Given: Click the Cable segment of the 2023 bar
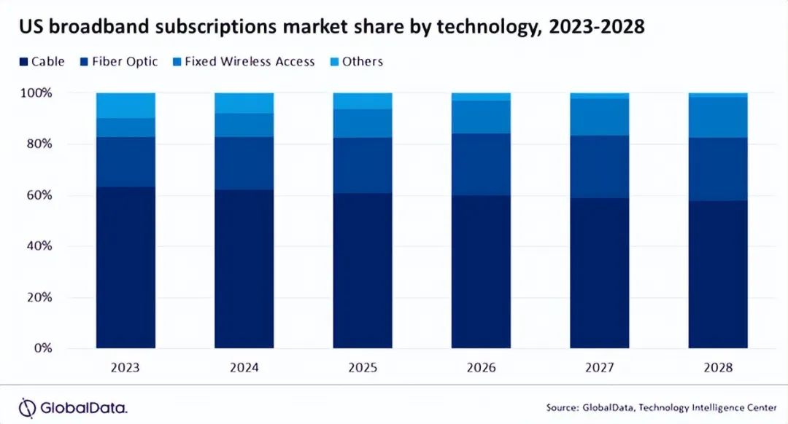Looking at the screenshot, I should coord(125,267).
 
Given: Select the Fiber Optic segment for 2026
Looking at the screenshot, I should coord(481,164).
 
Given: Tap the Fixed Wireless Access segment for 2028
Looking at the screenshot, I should coord(718,117).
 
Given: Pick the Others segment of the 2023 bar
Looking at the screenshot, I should coord(125,105).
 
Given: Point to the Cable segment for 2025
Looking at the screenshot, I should coord(363,270).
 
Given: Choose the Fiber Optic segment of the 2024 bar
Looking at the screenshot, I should coord(244,163).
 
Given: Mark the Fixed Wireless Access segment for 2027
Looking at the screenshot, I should coord(599,117).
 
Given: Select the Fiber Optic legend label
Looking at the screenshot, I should coord(125,61).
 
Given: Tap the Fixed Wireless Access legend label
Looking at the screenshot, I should coord(250,61).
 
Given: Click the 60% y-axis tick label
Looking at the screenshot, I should coord(40,195).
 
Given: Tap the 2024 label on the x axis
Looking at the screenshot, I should coord(244,368).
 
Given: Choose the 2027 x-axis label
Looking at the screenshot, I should coord(599,368).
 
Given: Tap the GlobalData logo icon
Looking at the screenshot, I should coord(27,407).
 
